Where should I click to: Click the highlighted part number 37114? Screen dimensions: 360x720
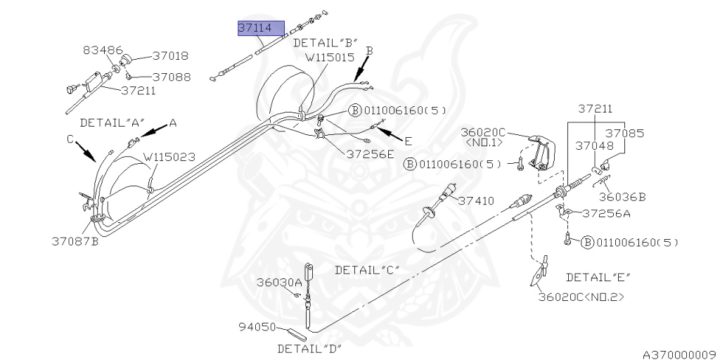point(261,28)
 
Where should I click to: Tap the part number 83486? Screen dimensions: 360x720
point(103,50)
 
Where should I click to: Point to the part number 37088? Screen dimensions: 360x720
point(171,77)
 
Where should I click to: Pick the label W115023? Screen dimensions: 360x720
point(169,157)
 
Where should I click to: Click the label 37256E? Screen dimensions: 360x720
point(370,154)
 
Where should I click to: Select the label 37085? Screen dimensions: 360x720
point(625,132)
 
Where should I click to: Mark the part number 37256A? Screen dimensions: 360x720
point(606,214)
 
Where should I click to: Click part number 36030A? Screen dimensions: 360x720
point(278,282)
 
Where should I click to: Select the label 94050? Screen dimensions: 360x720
point(258,327)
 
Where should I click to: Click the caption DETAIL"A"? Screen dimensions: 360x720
point(110,122)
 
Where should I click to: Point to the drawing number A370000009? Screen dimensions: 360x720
point(678,354)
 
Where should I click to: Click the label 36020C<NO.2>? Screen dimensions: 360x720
point(581,297)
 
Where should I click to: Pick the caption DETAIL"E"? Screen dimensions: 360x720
point(598,276)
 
